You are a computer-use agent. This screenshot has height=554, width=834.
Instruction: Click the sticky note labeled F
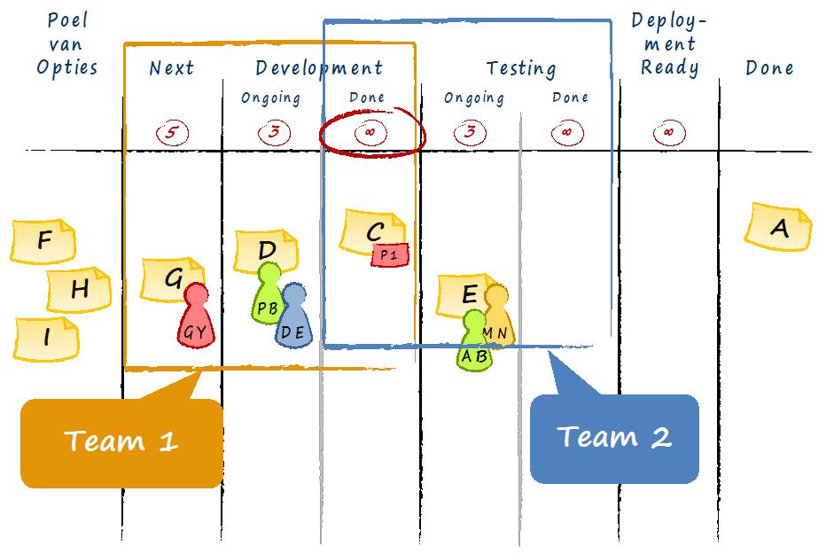(43, 241)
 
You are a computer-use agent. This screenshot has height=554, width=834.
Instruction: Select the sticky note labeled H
(79, 289)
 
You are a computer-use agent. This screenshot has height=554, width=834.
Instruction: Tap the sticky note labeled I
(46, 339)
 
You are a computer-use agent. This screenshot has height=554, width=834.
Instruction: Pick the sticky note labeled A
(777, 227)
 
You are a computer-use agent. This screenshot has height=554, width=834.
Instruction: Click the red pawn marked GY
(196, 316)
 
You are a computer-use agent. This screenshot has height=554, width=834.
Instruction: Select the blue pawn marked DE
(293, 316)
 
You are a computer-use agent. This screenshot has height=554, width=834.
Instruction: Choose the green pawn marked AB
(474, 340)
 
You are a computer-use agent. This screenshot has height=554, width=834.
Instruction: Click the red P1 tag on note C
(390, 255)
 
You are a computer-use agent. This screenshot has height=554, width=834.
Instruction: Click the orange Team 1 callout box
(121, 443)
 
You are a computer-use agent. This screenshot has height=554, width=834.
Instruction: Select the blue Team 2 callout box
(614, 439)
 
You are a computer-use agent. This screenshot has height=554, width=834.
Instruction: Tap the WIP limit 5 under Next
(172, 132)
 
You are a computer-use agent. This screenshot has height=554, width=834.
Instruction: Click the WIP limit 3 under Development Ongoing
(274, 132)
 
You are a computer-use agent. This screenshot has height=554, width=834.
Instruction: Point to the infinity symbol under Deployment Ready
(669, 132)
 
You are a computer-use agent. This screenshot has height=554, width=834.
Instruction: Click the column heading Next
(171, 68)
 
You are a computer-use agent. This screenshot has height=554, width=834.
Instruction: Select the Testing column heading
(521, 69)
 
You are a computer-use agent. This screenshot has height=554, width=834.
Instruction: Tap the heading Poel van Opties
(67, 44)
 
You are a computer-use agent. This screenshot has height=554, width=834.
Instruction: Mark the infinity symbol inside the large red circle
(370, 132)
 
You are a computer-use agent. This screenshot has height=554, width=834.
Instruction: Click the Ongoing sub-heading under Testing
(474, 98)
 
